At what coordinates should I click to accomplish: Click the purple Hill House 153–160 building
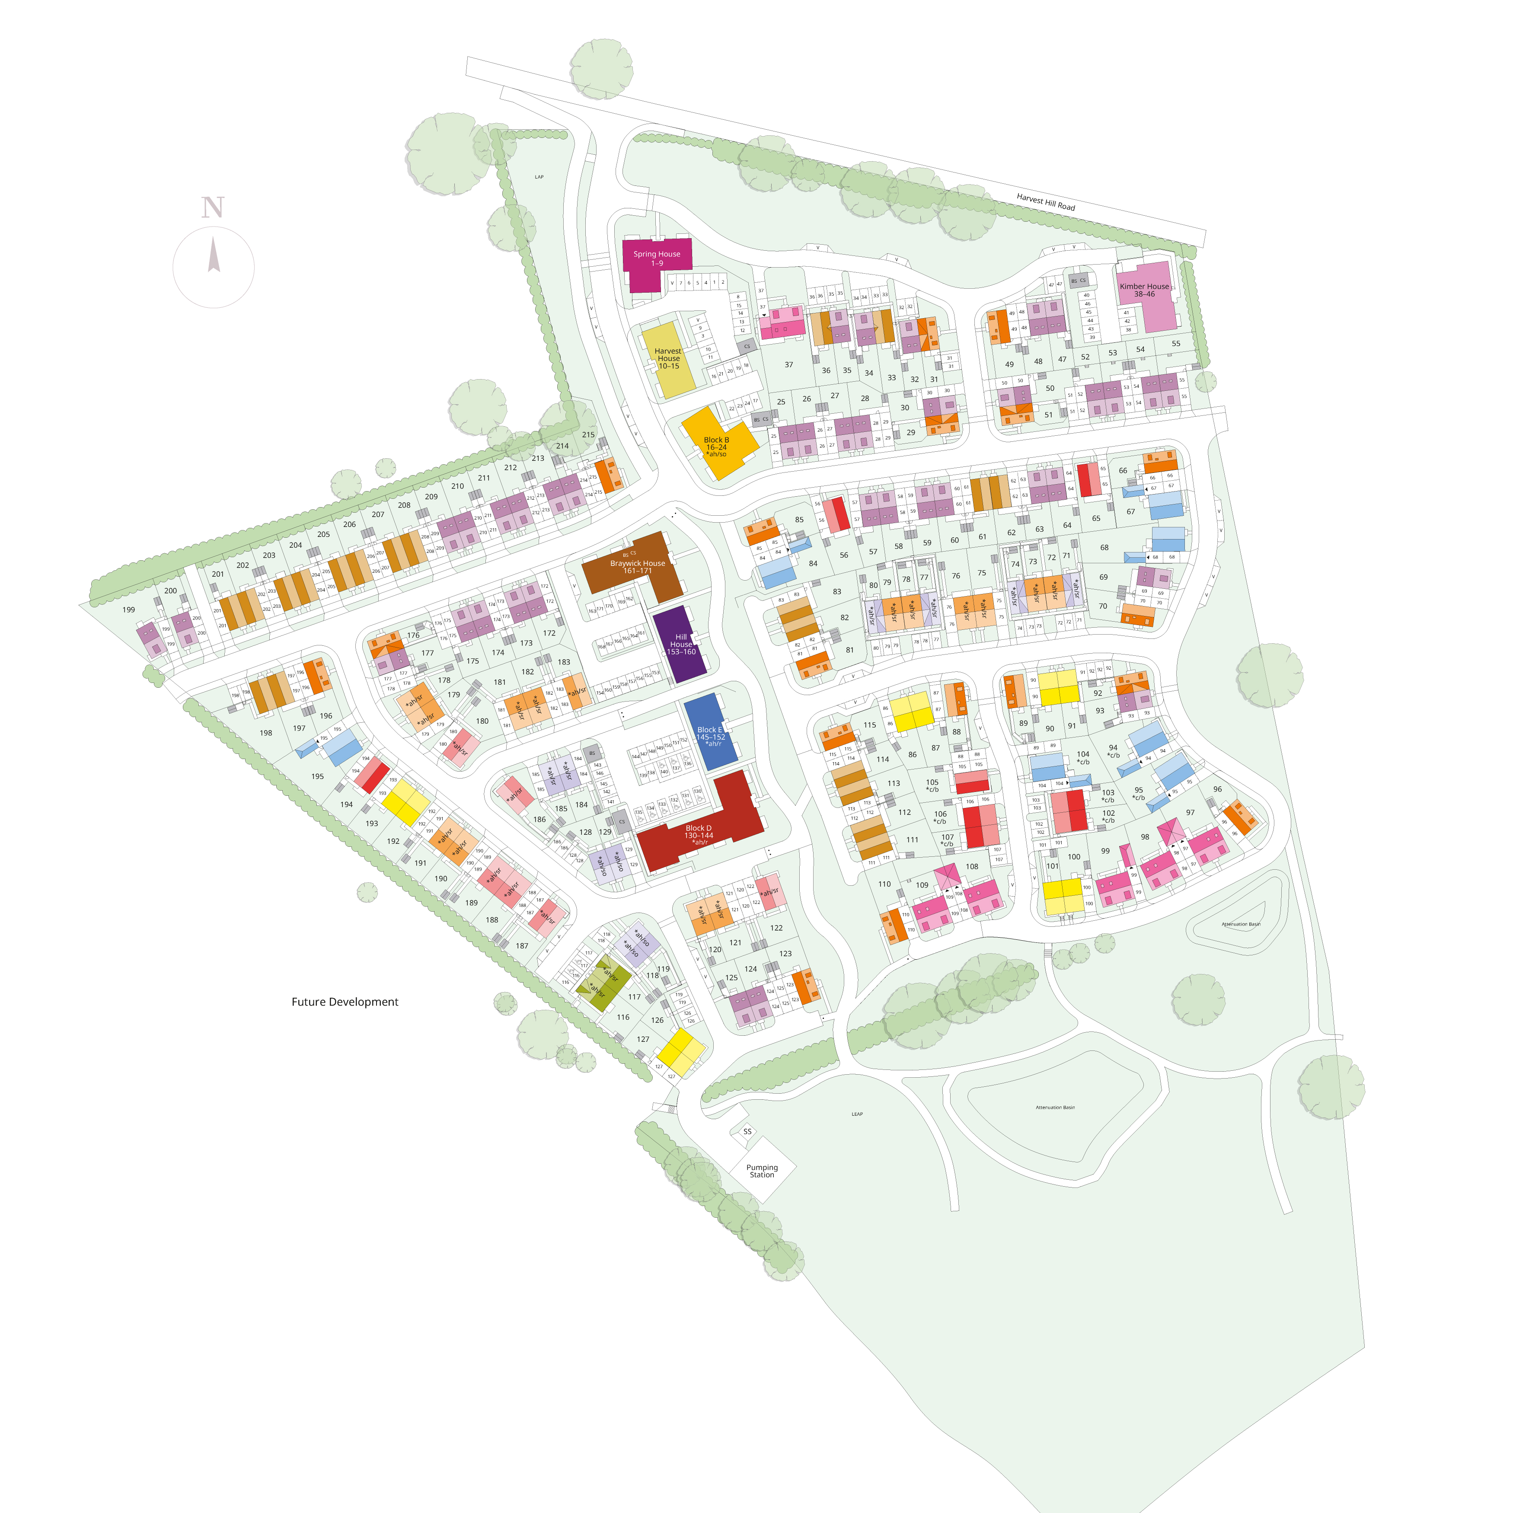click(x=680, y=644)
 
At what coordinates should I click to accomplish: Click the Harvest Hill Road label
click(x=1045, y=202)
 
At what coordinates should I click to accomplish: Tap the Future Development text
click(x=345, y=1002)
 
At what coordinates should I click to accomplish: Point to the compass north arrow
click(x=213, y=256)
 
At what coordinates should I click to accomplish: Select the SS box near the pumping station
click(x=747, y=1131)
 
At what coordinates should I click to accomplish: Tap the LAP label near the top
click(x=539, y=177)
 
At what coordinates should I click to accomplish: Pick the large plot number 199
click(x=128, y=609)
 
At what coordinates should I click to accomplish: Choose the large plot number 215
click(x=588, y=434)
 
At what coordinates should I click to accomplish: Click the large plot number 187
click(x=522, y=945)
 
